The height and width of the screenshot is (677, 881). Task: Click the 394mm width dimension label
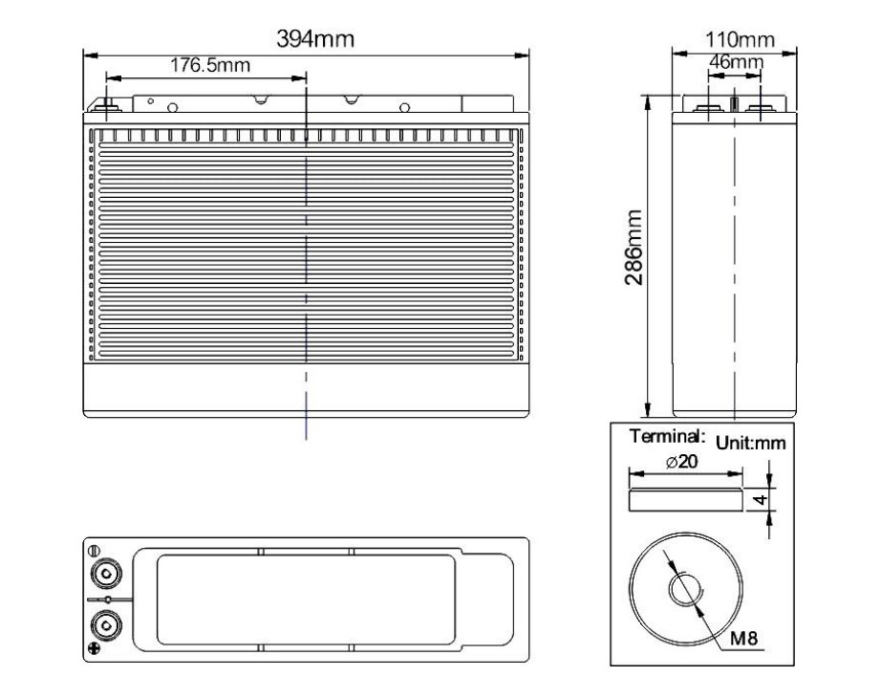point(315,39)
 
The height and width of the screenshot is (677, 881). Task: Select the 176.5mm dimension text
point(210,65)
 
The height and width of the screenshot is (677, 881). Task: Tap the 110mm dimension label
point(740,39)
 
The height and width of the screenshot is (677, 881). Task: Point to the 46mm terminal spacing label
point(736,61)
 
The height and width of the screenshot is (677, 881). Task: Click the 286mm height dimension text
point(634,248)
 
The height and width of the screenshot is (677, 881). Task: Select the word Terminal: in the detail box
point(667,436)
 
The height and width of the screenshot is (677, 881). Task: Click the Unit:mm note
point(751,443)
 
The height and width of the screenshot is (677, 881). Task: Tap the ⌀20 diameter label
point(681,462)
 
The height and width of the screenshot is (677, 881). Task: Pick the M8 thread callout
point(744,638)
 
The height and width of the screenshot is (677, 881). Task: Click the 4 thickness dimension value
point(761,499)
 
